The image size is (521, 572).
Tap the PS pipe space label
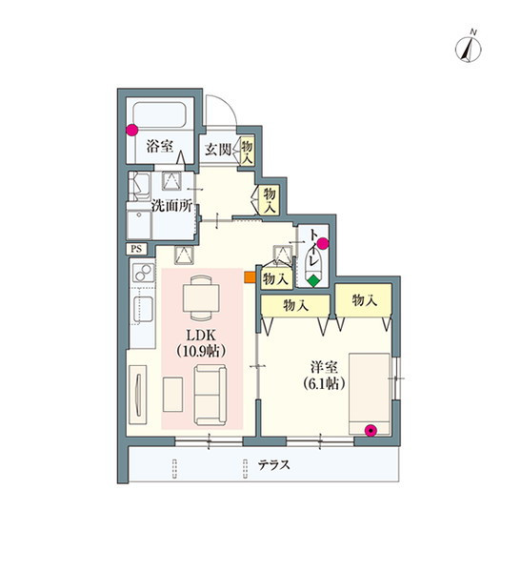coord(136,249)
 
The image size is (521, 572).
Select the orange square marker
coord(250,276)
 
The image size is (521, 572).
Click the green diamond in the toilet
coord(313,281)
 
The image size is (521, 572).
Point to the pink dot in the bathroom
coord(132,131)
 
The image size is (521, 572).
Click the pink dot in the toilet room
coord(323,243)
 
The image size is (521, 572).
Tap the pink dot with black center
coord(371,431)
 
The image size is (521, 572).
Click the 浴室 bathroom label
coord(160,146)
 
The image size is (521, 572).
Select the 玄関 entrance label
coord(218,150)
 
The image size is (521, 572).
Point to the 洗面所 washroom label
coord(171,206)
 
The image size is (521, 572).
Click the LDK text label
coord(201,335)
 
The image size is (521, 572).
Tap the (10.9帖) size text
coord(201,351)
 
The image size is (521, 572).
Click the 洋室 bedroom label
coord(324,367)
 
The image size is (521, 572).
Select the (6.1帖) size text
coord(324,384)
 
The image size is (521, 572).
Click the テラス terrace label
coord(273,465)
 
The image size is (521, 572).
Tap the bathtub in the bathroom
coord(160,114)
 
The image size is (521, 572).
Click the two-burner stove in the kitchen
coord(143,272)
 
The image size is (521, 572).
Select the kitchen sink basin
coord(143,309)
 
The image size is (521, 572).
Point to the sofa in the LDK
coord(210,395)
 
